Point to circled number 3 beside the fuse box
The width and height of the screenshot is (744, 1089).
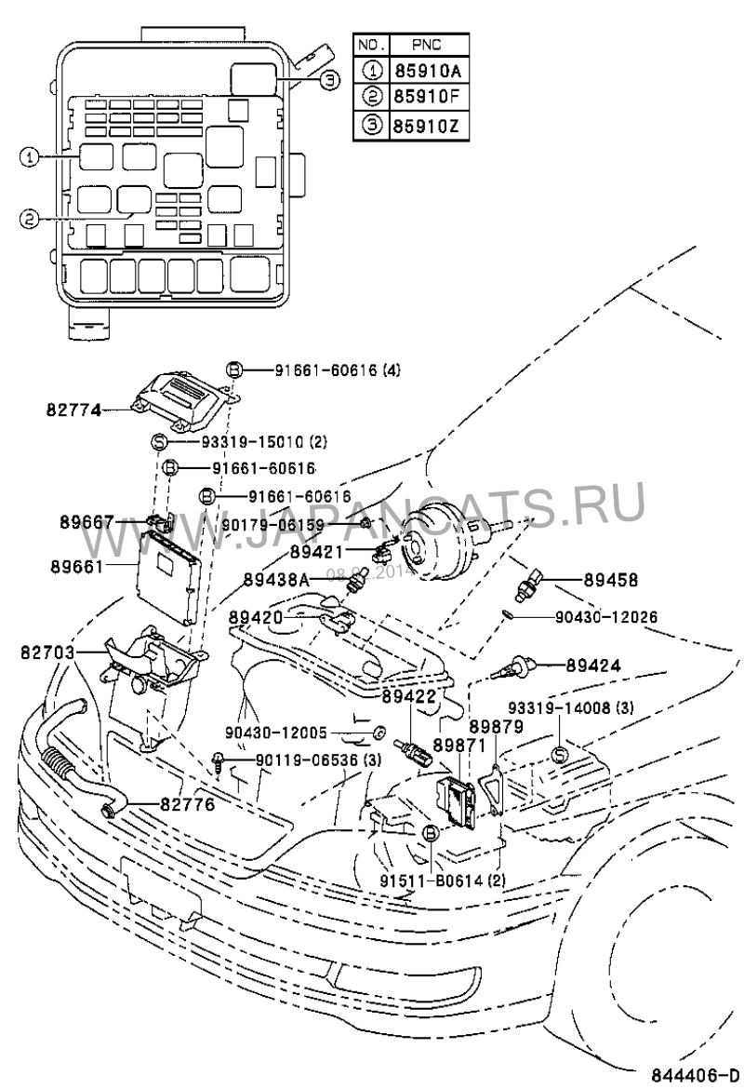(328, 81)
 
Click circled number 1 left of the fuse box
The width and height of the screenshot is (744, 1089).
(29, 158)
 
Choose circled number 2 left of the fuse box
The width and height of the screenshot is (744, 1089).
(29, 219)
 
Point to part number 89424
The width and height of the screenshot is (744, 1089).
(611, 665)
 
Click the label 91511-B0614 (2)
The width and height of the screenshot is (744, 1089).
(443, 880)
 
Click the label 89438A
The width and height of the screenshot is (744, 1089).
(276, 579)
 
